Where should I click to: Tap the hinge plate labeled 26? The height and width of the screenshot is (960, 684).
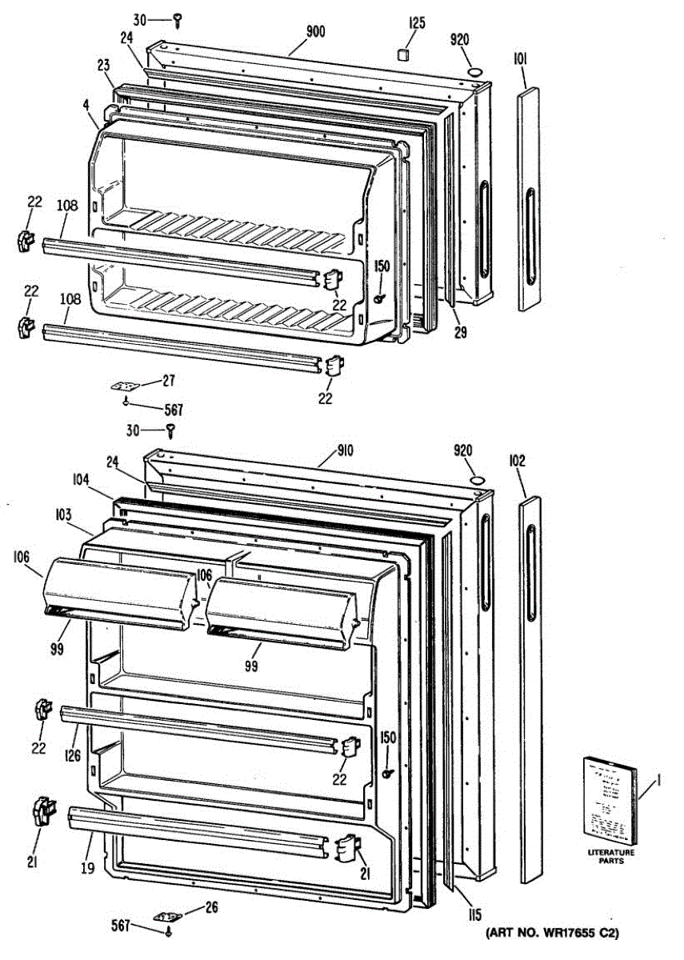167,915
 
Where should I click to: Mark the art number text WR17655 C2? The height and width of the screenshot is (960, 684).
552,933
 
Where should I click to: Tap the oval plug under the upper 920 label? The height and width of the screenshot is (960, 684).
475,72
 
